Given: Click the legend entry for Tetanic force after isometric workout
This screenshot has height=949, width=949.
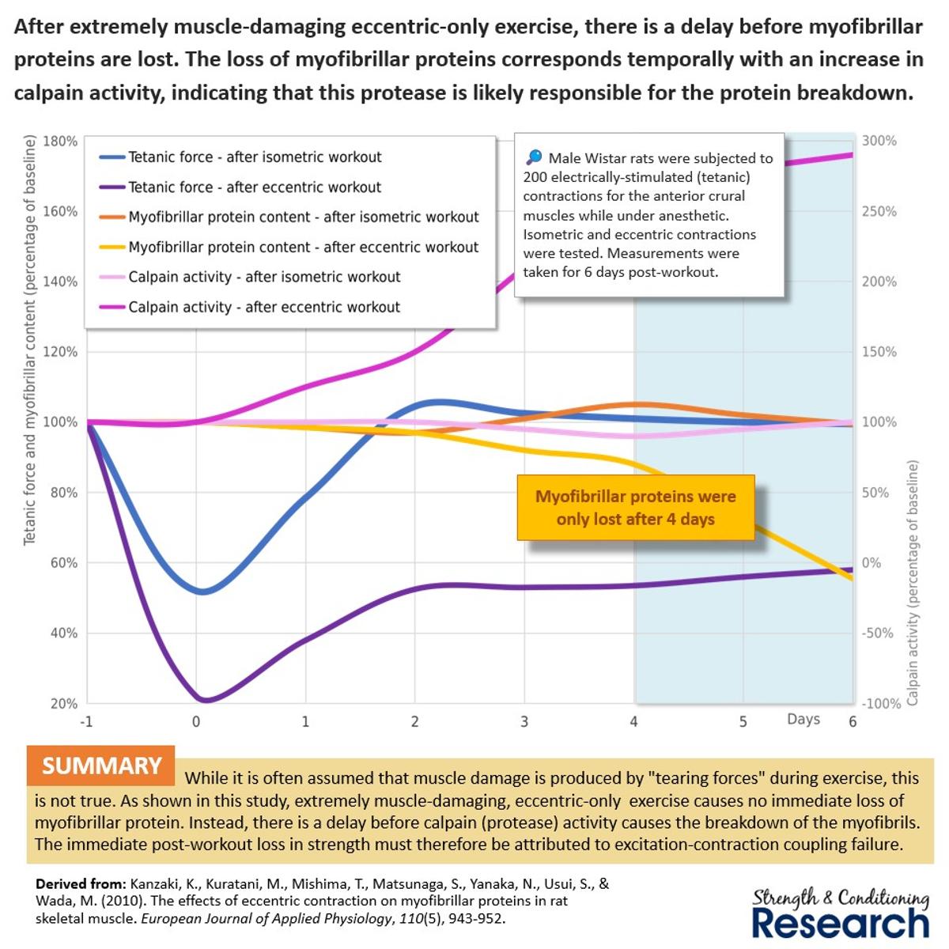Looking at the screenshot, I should pyautogui.click(x=255, y=157).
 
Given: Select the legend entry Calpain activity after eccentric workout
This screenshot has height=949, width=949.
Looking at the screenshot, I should pyautogui.click(x=264, y=307).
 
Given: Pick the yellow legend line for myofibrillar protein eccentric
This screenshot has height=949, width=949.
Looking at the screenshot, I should pyautogui.click(x=112, y=248).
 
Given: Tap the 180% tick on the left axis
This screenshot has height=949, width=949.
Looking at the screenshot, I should pyautogui.click(x=59, y=142).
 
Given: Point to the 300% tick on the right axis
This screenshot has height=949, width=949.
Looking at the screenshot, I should pyautogui.click(x=879, y=141).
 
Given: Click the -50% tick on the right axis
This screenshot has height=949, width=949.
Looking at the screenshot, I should pyautogui.click(x=878, y=633).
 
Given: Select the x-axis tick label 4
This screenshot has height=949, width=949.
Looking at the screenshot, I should pyautogui.click(x=633, y=721).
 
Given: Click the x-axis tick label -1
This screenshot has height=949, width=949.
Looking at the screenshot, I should pyautogui.click(x=86, y=721).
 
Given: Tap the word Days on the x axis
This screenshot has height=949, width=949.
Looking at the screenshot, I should pyautogui.click(x=803, y=719).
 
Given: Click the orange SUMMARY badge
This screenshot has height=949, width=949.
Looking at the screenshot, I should pyautogui.click(x=101, y=766).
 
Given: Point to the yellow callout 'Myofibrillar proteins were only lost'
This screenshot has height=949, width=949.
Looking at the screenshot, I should pyautogui.click(x=635, y=508).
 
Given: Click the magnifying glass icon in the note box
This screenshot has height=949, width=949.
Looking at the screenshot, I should pyautogui.click(x=534, y=157).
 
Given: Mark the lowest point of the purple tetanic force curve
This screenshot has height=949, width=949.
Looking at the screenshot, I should pyautogui.click(x=204, y=700).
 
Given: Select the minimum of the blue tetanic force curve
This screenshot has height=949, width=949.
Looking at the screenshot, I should pyautogui.click(x=202, y=592).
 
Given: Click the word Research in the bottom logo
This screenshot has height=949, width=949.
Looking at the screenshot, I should pyautogui.click(x=840, y=923).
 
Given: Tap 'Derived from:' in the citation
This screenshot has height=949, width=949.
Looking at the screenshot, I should pyautogui.click(x=80, y=884).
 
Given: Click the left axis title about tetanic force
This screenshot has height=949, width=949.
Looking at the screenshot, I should pyautogui.click(x=30, y=340).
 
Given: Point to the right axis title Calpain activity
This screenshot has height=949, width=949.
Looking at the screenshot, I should pyautogui.click(x=913, y=583).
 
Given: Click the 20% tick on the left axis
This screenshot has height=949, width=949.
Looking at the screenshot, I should pyautogui.click(x=63, y=704).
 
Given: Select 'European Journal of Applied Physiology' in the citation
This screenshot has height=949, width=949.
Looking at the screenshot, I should pyautogui.click(x=265, y=919).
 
